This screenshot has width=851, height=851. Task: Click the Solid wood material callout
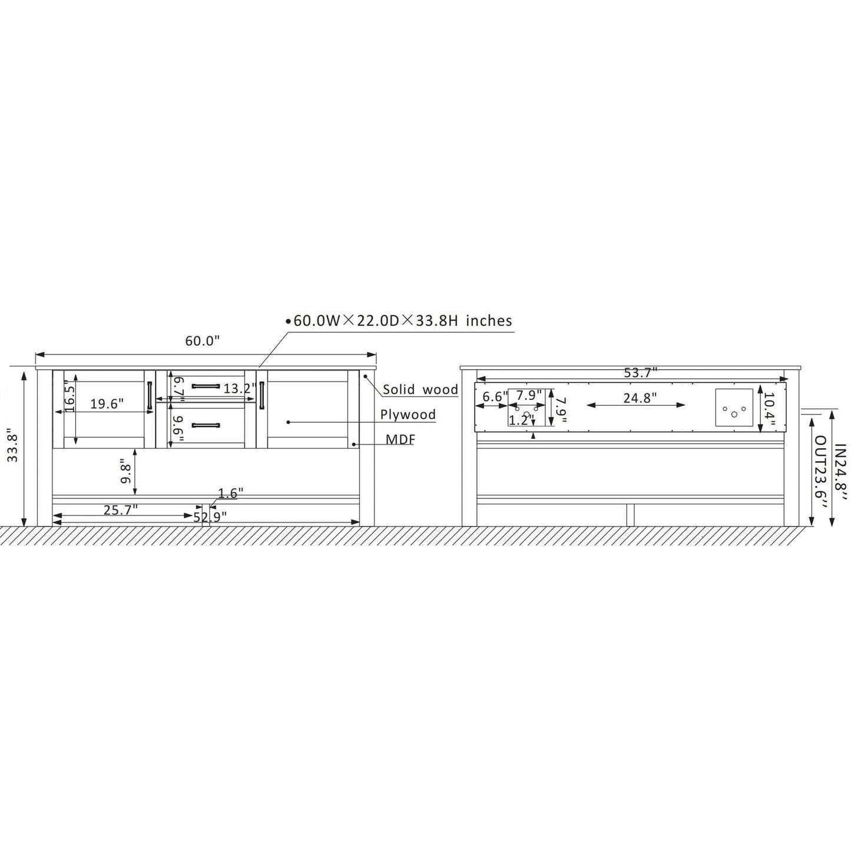(x=420, y=389)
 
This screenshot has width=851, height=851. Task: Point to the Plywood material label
(x=408, y=415)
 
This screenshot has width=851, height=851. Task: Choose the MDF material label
(x=400, y=439)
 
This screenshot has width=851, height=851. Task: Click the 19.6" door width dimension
(x=107, y=404)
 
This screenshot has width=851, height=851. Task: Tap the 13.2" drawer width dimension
(x=240, y=389)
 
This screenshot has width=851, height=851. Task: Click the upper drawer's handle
(x=206, y=386)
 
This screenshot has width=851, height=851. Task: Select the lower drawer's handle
(x=206, y=425)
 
